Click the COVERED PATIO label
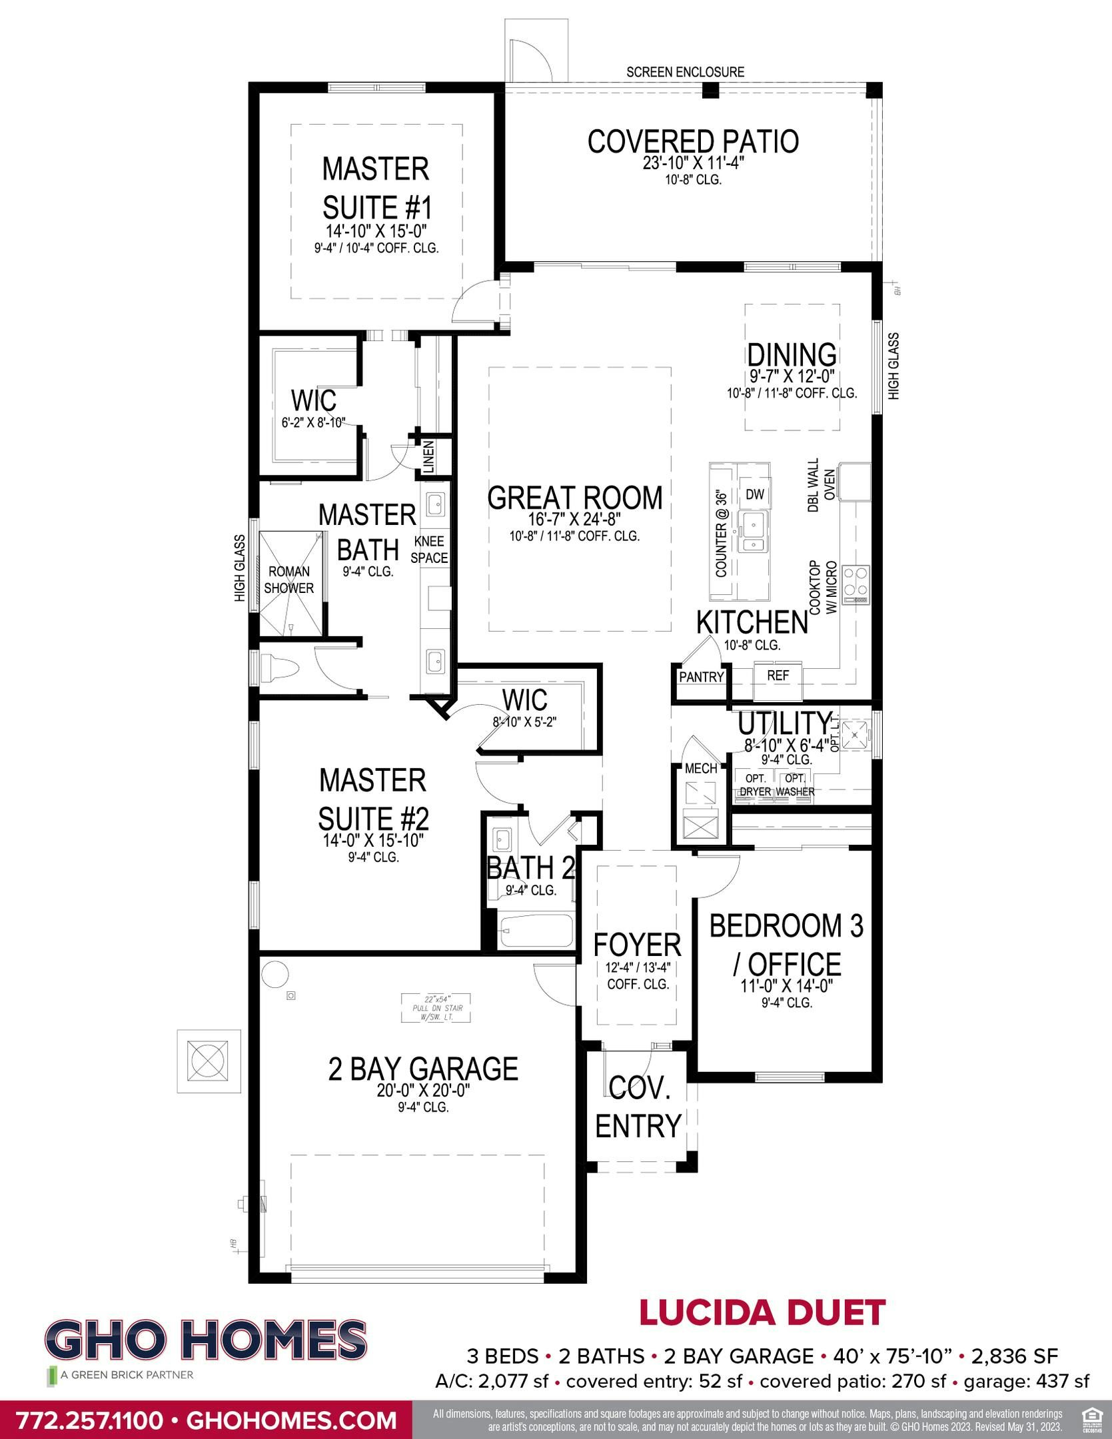[693, 142]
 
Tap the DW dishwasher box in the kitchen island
[754, 494]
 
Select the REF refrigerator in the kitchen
[778, 676]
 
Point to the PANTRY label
[701, 677]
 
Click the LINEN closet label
[428, 457]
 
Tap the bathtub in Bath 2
[536, 930]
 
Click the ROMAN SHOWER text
[288, 580]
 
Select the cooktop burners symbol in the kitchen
[855, 584]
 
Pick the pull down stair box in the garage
[436, 1008]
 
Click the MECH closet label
[701, 768]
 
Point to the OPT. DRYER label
[755, 785]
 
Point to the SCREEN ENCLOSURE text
[685, 72]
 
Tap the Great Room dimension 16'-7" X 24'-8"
[574, 520]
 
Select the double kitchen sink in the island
[754, 532]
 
